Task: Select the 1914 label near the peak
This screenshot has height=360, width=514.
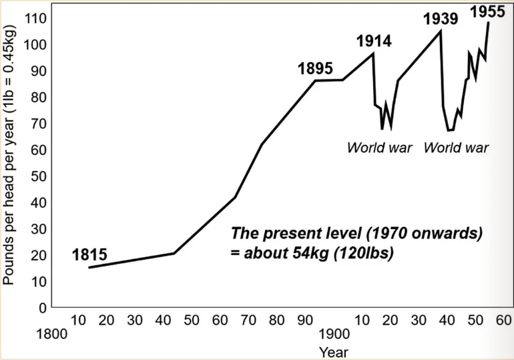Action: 373,40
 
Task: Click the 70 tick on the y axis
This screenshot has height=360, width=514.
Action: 37,124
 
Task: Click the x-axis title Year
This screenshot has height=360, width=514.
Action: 332,351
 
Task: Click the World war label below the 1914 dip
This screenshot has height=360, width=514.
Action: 379,147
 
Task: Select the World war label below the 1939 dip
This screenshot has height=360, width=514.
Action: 457,147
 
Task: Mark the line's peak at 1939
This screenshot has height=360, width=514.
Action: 441,30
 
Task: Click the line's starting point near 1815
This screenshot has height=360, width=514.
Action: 89,267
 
